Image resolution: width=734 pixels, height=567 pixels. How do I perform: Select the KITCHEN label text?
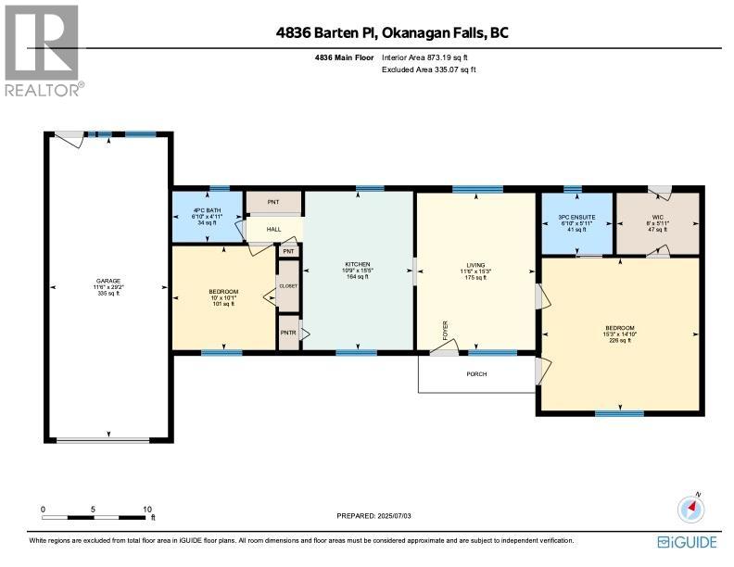357,264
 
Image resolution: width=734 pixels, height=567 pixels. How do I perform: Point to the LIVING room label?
475,264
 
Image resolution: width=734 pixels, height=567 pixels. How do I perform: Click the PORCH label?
476,374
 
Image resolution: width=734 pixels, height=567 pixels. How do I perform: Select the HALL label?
274,229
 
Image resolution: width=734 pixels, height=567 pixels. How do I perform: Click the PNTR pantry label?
287,333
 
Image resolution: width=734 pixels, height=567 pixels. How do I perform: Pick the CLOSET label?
288,286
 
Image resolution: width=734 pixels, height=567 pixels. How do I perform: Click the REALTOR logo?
44,51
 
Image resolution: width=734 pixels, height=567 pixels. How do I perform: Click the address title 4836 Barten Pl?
392,33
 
